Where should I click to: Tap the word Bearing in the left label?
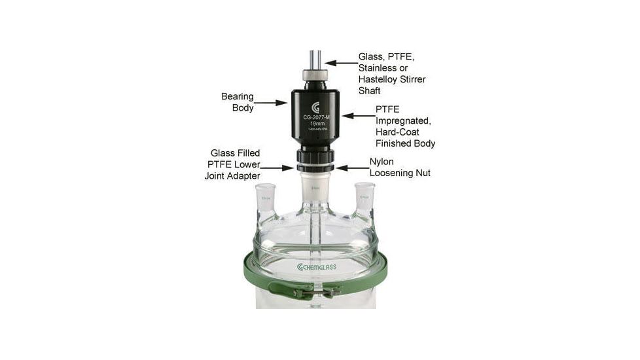[237, 96]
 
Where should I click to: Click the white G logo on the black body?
[315, 107]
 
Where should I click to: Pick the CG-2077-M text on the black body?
[316, 118]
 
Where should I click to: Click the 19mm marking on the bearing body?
[316, 124]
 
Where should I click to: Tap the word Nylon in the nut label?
[382, 162]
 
